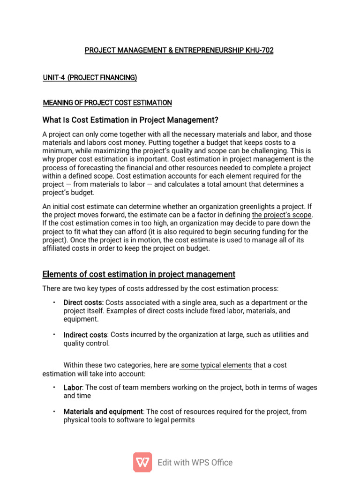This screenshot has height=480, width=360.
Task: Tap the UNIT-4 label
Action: click(x=54, y=77)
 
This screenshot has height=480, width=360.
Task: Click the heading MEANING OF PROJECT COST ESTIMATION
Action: click(x=107, y=103)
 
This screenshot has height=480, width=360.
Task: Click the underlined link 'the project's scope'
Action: click(x=282, y=215)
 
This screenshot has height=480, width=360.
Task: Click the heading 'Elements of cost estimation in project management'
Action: click(x=139, y=274)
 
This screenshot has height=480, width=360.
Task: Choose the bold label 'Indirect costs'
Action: click(x=85, y=335)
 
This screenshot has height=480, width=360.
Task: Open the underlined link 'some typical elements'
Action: click(x=216, y=365)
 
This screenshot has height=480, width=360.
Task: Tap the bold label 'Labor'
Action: click(x=73, y=388)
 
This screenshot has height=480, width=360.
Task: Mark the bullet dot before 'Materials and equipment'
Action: click(x=54, y=411)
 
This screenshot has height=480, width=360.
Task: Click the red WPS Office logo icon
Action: click(x=142, y=462)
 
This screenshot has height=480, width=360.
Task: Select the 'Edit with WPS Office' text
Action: click(x=195, y=463)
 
